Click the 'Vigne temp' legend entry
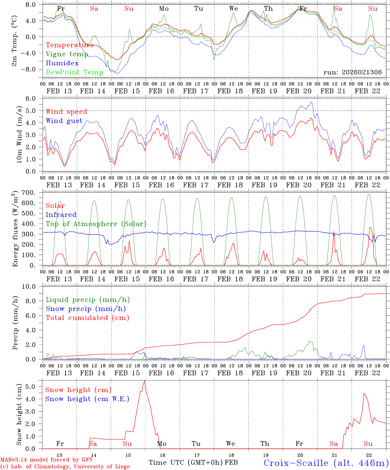click(67, 54)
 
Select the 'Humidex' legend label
click(62, 63)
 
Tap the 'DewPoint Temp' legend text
click(74, 72)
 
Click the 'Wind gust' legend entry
click(64, 121)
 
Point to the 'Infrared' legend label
click(61, 215)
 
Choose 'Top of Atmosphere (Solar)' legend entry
click(96, 224)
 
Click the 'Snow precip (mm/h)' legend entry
click(86, 309)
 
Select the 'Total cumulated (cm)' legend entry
click(87, 318)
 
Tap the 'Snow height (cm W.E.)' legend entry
click(87, 399)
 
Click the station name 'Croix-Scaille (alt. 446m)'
click(326, 463)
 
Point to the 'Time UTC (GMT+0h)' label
click(186, 462)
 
